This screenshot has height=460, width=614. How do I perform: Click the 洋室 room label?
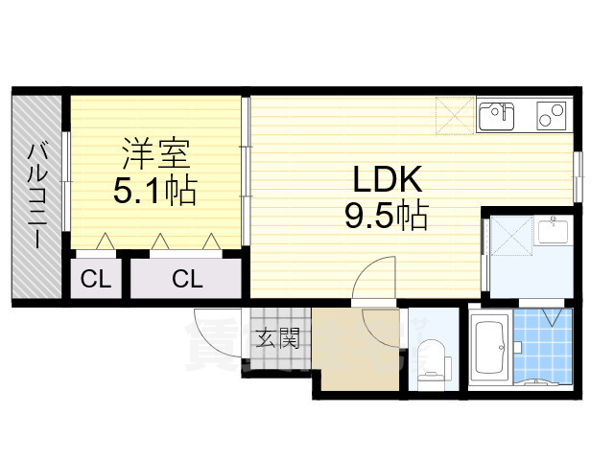tap(155, 152)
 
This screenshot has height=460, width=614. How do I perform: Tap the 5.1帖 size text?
tap(154, 192)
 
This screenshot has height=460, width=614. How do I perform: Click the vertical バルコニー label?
tap(37, 196)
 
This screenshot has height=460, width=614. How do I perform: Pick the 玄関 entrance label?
tap(277, 337)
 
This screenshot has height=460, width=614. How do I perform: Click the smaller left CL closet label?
tap(95, 280)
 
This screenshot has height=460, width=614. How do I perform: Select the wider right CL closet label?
tap(187, 280)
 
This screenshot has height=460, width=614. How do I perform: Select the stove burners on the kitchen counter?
tap(552, 115)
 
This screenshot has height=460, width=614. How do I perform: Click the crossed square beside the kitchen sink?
tap(454, 116)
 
